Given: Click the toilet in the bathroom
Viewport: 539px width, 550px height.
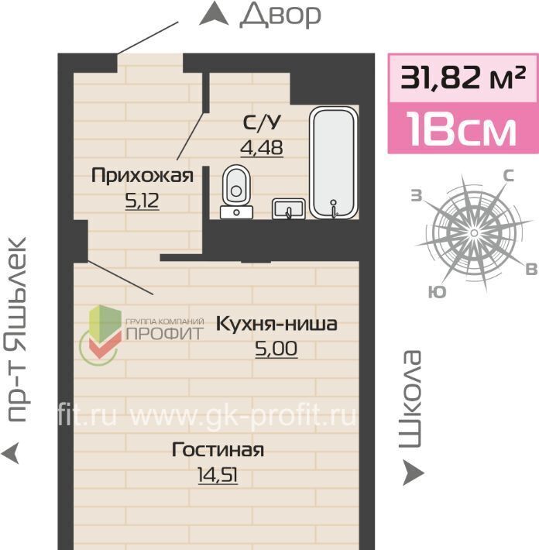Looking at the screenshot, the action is pyautogui.click(x=236, y=191).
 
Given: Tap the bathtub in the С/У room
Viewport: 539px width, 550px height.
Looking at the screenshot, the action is pyautogui.click(x=334, y=163).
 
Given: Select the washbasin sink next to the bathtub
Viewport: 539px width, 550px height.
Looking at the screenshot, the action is pyautogui.click(x=289, y=208).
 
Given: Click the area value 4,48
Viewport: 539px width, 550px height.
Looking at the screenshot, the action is pyautogui.click(x=262, y=148).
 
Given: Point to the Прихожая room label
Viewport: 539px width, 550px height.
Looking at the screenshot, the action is pyautogui.click(x=142, y=175).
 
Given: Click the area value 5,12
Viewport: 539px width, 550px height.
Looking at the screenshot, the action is pyautogui.click(x=142, y=201).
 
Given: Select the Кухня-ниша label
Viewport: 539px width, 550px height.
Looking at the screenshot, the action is pyautogui.click(x=276, y=323).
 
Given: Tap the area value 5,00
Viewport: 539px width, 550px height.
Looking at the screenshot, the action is pyautogui.click(x=276, y=349).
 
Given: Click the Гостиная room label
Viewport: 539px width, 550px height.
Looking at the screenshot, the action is pyautogui.click(x=218, y=449).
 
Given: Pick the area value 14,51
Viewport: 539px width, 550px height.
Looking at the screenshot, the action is pyautogui.click(x=218, y=476).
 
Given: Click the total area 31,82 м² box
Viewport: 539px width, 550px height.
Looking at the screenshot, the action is pyautogui.click(x=463, y=78).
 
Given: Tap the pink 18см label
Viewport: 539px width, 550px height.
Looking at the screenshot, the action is pyautogui.click(x=463, y=129).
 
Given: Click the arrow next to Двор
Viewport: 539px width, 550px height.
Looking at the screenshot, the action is pyautogui.click(x=214, y=13).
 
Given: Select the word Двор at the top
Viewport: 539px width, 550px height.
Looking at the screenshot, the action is pyautogui.click(x=280, y=15).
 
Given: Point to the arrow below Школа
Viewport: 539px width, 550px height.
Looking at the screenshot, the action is pyautogui.click(x=413, y=473).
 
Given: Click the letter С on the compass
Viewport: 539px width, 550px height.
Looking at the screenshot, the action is pyautogui.click(x=509, y=175).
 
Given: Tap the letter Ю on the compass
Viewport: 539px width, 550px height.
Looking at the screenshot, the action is pyautogui.click(x=437, y=292).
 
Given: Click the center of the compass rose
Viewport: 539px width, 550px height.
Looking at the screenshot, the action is pyautogui.click(x=474, y=232).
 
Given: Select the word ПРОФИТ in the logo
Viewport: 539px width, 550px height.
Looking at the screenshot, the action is pyautogui.click(x=164, y=334).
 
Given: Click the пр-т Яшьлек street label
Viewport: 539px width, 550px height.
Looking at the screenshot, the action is pyautogui.click(x=16, y=330).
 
